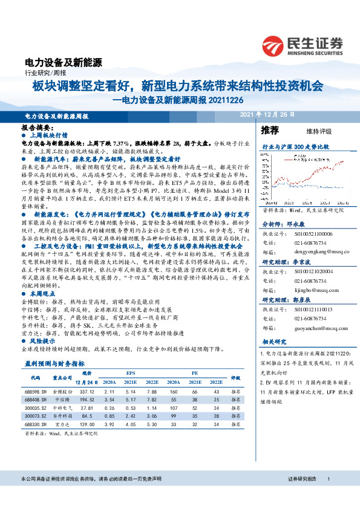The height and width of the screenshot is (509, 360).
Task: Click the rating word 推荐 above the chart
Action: coord(270,130)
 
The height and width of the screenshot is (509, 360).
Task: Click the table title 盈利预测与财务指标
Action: coord(54,364)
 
